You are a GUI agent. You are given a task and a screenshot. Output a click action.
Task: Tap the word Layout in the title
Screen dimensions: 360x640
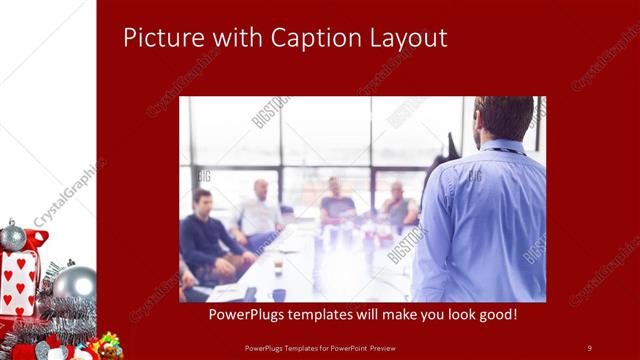tap(410, 38)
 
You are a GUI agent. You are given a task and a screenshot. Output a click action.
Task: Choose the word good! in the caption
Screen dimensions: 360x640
tap(493, 314)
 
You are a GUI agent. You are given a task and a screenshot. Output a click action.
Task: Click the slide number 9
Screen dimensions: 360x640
tap(589, 347)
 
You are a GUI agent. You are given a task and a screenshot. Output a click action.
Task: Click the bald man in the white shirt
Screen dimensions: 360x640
tap(259, 210)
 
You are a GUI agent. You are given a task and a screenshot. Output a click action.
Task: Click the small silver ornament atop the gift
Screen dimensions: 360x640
tap(13, 237)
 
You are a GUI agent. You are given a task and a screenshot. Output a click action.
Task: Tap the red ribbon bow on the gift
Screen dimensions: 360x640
tap(36, 241)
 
